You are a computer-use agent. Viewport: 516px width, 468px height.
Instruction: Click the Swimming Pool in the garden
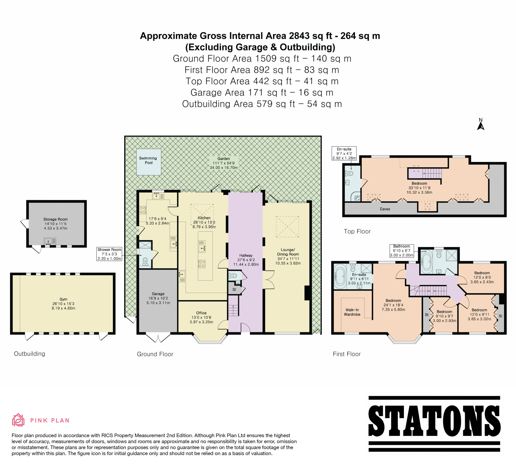(149, 162)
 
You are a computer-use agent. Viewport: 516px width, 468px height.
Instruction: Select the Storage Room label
(56, 219)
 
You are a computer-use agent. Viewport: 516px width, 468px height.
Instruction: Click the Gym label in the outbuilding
(63, 299)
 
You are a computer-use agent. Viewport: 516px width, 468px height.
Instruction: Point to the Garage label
(158, 294)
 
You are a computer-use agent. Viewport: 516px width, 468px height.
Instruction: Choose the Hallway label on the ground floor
(246, 255)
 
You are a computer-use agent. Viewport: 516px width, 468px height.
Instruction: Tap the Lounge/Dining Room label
(288, 252)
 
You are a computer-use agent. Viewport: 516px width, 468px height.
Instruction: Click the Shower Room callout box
(109, 254)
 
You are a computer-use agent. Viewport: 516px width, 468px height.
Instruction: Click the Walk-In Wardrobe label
(352, 312)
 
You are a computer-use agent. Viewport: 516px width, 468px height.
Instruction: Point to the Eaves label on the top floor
(385, 209)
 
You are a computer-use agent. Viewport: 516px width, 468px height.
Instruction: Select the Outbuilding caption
(29, 353)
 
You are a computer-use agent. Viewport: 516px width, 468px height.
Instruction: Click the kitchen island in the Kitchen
(205, 256)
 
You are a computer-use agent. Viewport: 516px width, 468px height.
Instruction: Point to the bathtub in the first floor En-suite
(340, 276)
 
